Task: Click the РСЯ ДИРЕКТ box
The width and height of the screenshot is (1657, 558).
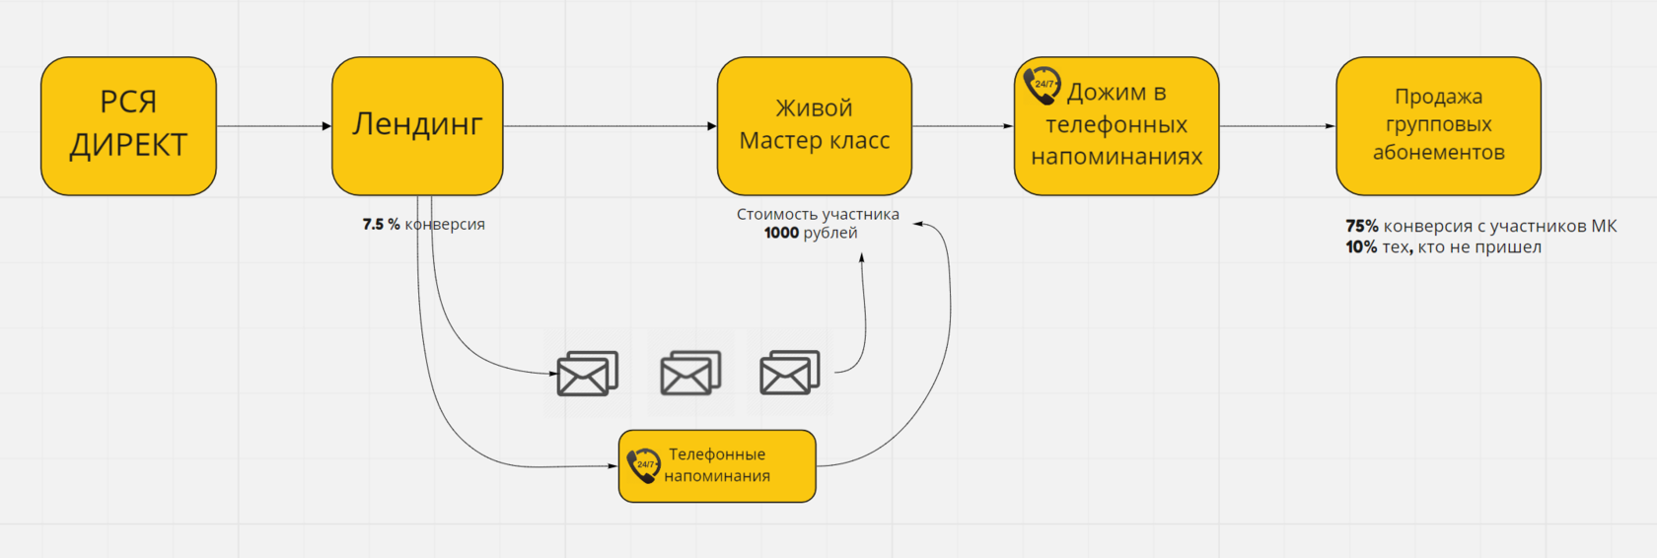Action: click(x=128, y=125)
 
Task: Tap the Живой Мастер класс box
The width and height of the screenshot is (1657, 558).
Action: click(x=814, y=125)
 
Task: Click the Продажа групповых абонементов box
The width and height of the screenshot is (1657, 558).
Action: click(x=1438, y=125)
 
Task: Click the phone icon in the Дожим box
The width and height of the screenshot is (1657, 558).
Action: click(x=1042, y=86)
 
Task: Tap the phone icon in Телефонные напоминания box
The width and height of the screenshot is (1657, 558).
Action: click(x=643, y=465)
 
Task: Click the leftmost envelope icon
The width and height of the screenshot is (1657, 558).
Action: click(x=587, y=374)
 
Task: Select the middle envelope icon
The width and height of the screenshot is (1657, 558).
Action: click(x=690, y=373)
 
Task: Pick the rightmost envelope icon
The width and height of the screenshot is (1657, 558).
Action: click(x=789, y=373)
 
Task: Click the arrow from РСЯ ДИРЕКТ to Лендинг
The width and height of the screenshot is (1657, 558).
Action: click(x=273, y=126)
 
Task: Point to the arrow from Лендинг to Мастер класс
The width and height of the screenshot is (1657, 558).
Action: click(x=610, y=126)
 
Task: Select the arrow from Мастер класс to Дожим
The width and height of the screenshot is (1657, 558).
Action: click(x=963, y=126)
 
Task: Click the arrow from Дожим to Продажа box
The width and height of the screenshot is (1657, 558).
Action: click(x=1277, y=126)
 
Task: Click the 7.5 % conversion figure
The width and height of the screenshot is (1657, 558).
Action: click(x=381, y=225)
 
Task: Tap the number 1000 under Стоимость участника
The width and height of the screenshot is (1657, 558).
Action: click(x=781, y=234)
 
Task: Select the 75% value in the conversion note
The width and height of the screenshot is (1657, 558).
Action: click(x=1362, y=226)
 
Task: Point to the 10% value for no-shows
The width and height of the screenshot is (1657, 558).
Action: click(x=1361, y=247)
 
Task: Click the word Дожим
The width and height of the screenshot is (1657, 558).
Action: click(x=1106, y=93)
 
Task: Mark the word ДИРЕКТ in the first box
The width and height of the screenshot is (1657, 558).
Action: click(x=128, y=145)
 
